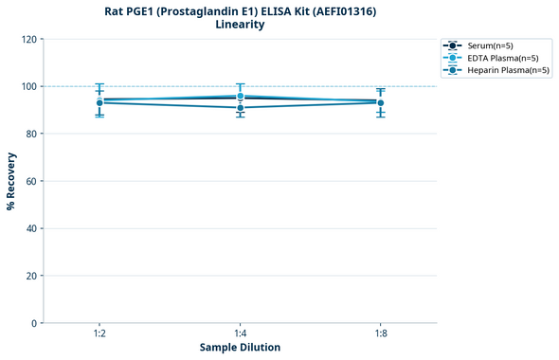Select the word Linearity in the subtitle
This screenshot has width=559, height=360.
240,25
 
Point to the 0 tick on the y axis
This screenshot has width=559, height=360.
34,323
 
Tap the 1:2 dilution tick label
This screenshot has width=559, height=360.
99,334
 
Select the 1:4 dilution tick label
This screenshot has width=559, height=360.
240,334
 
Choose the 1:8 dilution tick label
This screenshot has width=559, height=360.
380,334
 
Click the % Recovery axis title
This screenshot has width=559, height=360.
11,181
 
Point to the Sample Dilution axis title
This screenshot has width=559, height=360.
240,348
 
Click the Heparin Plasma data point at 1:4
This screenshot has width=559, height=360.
240,108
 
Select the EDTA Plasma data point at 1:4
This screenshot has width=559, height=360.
240,96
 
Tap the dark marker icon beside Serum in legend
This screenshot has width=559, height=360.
454,45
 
